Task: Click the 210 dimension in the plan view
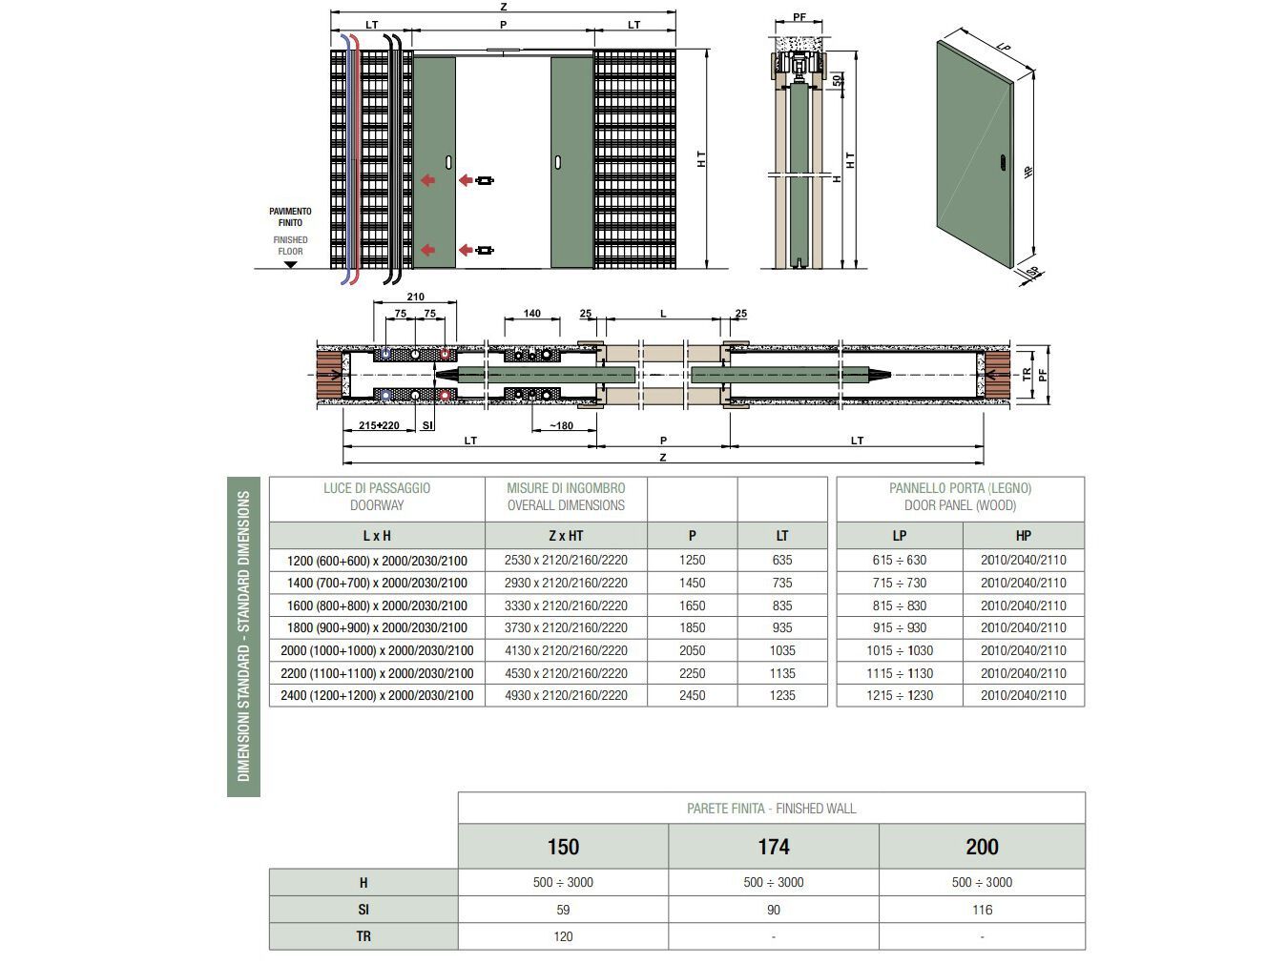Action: (x=415, y=297)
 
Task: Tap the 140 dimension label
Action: (x=532, y=313)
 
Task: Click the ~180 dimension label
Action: (x=561, y=425)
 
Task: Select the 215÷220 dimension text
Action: (x=379, y=425)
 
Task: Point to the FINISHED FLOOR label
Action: (x=290, y=246)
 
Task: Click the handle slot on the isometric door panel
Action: (x=1001, y=163)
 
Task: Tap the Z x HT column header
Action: (x=566, y=536)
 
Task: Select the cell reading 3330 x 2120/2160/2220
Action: (x=566, y=605)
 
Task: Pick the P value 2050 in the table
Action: (x=692, y=650)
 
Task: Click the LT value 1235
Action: (x=782, y=695)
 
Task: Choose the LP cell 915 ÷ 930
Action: (x=899, y=627)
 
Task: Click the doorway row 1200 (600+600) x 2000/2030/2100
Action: (x=377, y=560)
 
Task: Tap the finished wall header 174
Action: (x=773, y=847)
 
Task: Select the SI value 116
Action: (x=982, y=910)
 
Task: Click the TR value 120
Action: (x=563, y=936)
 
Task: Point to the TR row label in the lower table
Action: (x=363, y=936)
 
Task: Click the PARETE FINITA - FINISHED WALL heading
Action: (x=771, y=809)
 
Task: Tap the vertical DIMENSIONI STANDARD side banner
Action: (x=243, y=636)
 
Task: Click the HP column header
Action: (x=1023, y=536)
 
